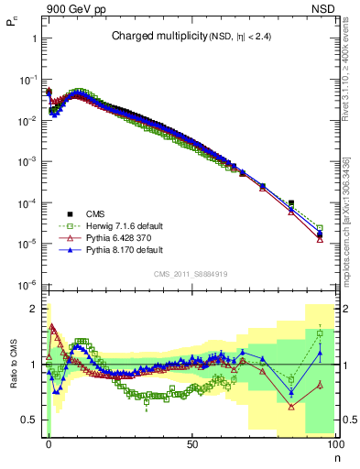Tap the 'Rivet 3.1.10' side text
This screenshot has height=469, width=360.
point(345,87)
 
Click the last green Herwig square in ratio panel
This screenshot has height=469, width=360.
point(320,333)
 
